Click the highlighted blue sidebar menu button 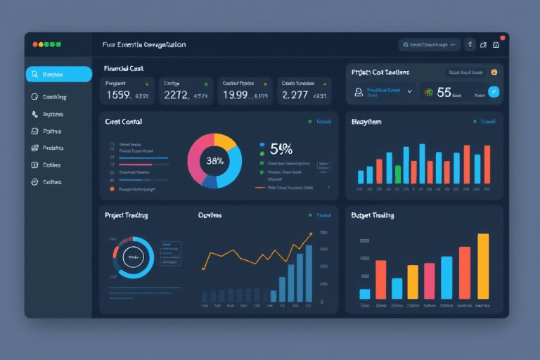58,75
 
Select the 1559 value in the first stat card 117,95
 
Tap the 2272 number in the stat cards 176,95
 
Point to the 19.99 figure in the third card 235,95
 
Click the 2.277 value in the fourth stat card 295,95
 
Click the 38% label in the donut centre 214,161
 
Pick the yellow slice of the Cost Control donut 226,141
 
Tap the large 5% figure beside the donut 281,148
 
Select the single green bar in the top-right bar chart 398,174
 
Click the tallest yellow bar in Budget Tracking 483,266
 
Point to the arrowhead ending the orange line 311,235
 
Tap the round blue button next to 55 494,91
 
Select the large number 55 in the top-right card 444,91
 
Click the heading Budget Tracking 373,215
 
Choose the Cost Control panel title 124,122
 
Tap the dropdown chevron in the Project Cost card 410,91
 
